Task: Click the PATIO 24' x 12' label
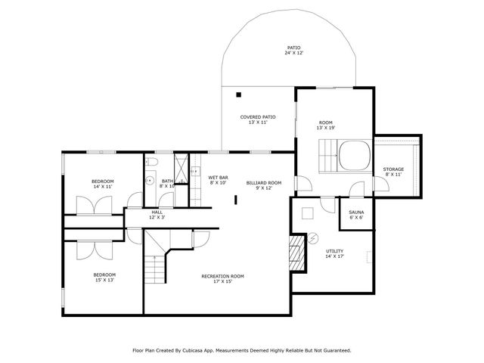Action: coord(293,50)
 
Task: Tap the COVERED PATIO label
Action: coord(257,119)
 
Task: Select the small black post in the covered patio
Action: coord(238,95)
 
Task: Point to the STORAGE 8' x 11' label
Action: coord(393,172)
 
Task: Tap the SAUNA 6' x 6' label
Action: coord(355,214)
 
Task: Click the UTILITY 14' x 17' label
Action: coord(334,253)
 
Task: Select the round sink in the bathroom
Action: coord(149,181)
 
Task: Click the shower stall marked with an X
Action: coord(181,165)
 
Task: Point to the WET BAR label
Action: coord(219,180)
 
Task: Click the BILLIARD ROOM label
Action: coord(263,185)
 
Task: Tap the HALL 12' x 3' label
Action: coord(157,215)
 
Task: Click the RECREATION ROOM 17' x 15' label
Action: coord(222,279)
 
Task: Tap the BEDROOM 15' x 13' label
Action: coord(104,277)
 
